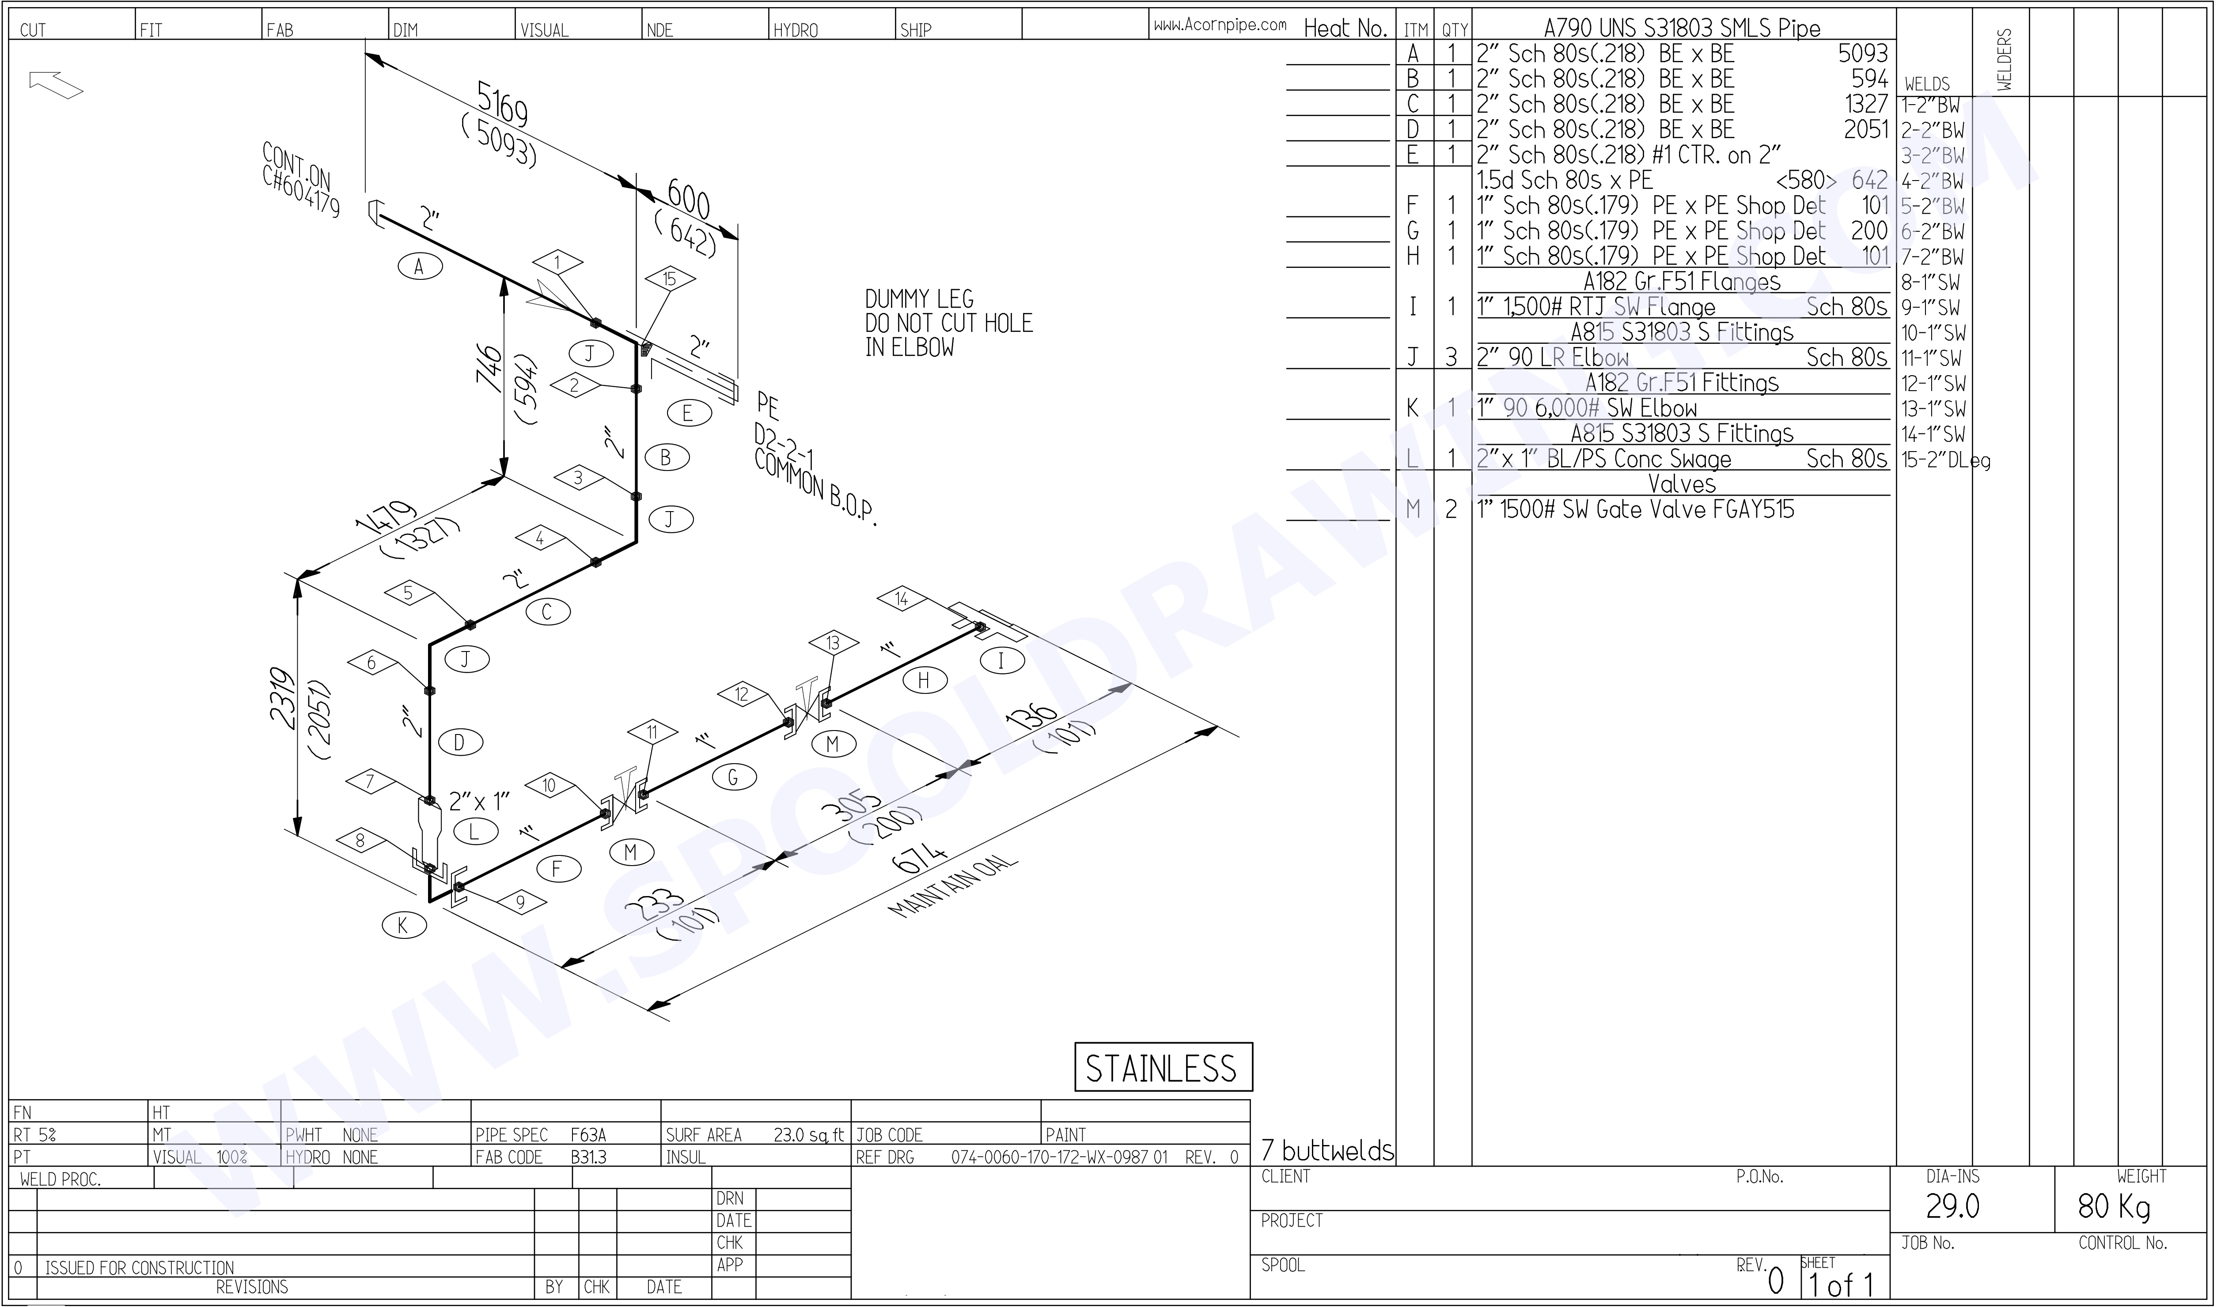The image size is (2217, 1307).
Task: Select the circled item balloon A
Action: (420, 266)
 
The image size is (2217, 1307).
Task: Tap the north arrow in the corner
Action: (56, 85)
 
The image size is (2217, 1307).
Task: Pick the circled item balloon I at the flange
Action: (1001, 660)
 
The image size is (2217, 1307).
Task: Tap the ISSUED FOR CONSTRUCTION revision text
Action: (139, 1267)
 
